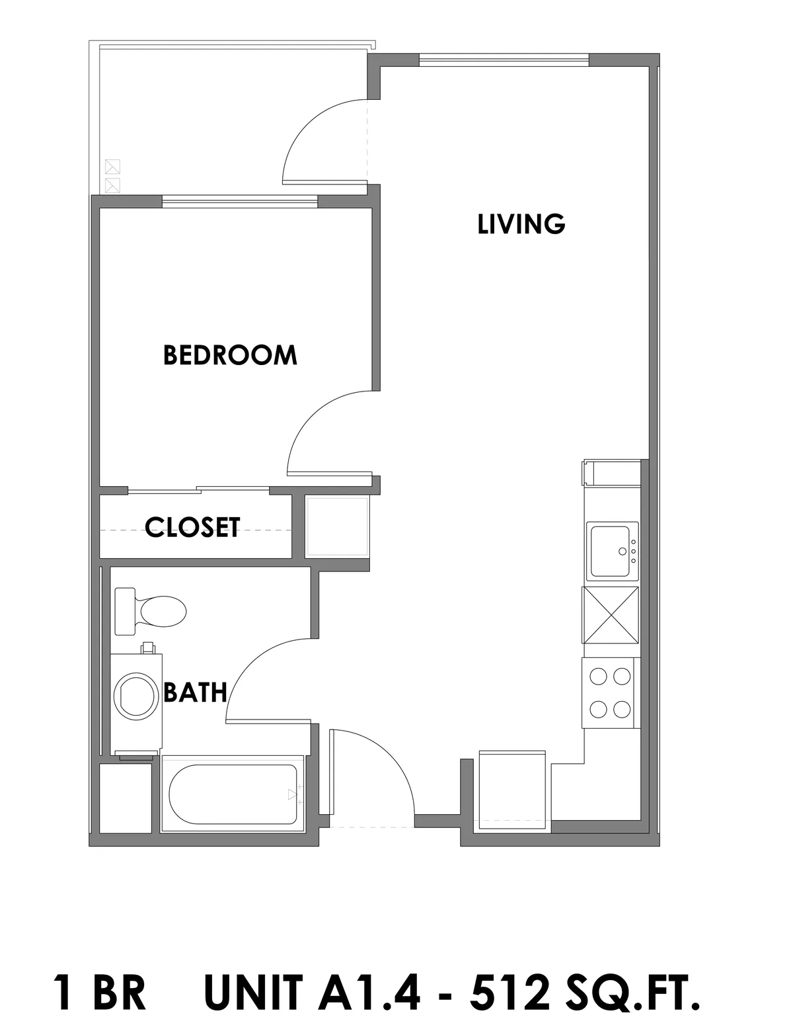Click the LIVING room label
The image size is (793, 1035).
click(x=521, y=224)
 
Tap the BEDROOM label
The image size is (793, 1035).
click(x=230, y=355)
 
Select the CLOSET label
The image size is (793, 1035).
click(x=192, y=527)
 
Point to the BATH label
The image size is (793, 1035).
click(x=195, y=692)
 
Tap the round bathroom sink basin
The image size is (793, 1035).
click(x=136, y=696)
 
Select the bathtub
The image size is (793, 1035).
click(x=233, y=794)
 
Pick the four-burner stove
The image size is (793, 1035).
click(x=611, y=693)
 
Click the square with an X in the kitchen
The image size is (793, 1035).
click(x=611, y=615)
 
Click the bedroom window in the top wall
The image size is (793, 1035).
click(x=240, y=202)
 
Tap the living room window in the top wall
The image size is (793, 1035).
click(x=504, y=60)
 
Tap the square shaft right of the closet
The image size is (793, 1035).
click(x=337, y=526)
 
